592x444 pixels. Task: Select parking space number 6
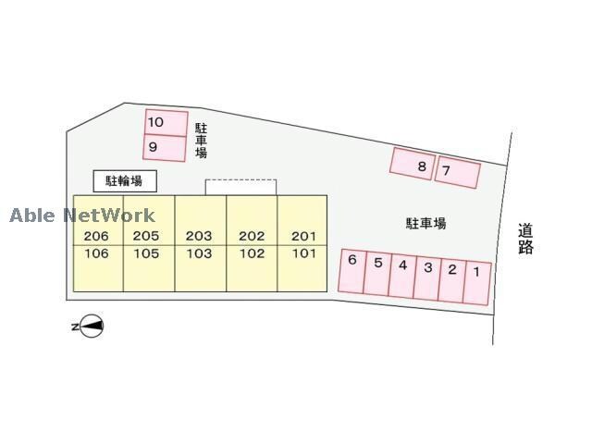click(352, 272)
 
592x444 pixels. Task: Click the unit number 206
click(96, 236)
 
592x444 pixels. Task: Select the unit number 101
click(303, 253)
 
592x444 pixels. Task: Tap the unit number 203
click(199, 236)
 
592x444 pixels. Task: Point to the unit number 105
click(146, 253)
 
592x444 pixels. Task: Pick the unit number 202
click(252, 236)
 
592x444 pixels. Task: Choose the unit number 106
click(96, 253)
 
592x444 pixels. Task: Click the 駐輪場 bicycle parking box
click(125, 180)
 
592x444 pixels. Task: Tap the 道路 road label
click(526, 239)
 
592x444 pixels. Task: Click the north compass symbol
click(90, 326)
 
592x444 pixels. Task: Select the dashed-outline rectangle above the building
click(240, 187)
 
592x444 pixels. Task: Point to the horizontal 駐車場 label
click(425, 223)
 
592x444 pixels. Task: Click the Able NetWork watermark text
click(82, 216)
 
